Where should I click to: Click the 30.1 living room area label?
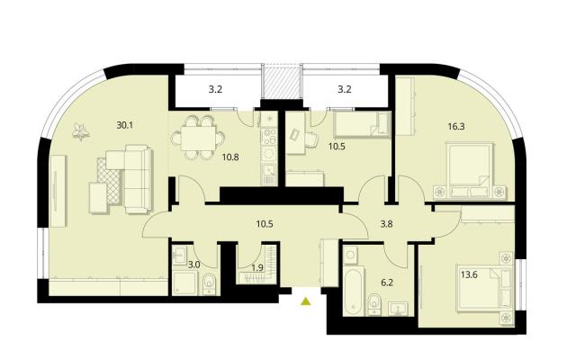point(124,125)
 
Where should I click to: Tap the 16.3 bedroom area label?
point(456,127)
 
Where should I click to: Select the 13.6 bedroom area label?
point(469,274)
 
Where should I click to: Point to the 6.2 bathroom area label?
point(387,283)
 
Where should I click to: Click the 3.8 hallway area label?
point(387,224)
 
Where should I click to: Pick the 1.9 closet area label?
point(257,267)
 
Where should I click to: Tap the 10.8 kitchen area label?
point(230,157)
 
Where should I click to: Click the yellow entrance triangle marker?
point(306,301)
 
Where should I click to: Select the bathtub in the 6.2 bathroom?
point(354,290)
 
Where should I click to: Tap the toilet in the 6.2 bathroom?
point(374,304)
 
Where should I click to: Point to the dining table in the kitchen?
point(198,138)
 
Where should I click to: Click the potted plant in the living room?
point(81,132)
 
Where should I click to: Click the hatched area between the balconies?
point(281,82)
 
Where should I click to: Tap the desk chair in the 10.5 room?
point(310,139)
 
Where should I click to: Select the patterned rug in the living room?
point(110,180)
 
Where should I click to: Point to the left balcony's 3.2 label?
point(216,90)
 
